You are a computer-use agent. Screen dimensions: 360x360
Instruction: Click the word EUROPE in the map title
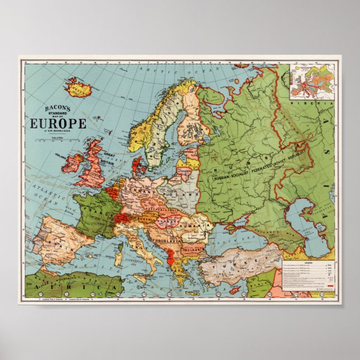[x=54, y=123]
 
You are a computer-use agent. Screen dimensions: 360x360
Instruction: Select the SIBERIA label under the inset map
[x=316, y=104]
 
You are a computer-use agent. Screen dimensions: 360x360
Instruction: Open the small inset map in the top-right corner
[x=311, y=82]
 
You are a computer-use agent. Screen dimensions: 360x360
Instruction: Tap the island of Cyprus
[x=235, y=291]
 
